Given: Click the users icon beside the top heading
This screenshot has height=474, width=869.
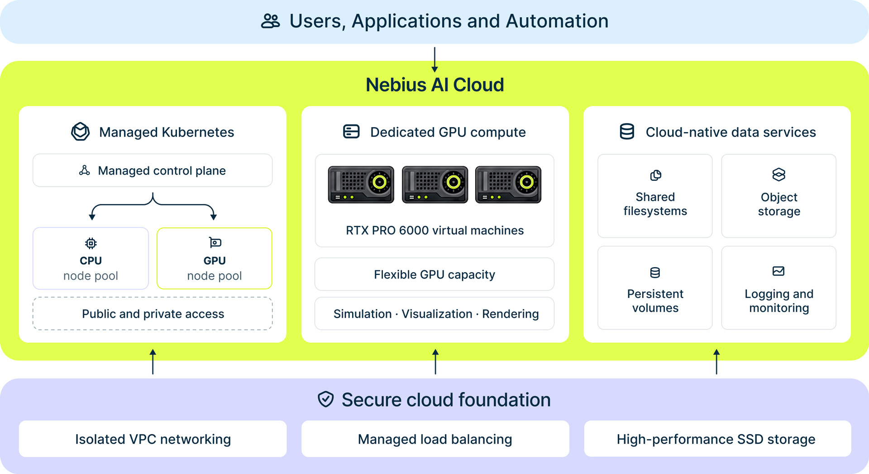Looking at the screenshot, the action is point(271,21).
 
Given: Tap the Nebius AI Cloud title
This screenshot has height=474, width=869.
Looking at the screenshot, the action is point(434,85).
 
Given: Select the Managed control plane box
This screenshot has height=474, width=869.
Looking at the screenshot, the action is point(153,171).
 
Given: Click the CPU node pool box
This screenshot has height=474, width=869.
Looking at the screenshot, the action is point(91,258).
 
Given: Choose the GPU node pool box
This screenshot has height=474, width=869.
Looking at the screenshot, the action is point(215,258).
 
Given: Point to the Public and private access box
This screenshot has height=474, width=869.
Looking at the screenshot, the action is point(153,313).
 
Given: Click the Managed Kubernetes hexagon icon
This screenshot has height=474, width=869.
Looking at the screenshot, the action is point(81,132).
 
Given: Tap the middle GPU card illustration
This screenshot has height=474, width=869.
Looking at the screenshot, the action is point(435,185).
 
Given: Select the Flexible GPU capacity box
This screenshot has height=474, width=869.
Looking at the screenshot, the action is point(434,274).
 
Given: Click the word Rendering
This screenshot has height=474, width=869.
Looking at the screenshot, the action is point(511,314).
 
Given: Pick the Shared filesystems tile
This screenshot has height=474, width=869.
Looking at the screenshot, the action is point(655,196).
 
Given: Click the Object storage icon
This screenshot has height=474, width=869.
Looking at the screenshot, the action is point(779,175).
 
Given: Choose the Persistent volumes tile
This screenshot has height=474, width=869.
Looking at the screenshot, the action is point(655,288).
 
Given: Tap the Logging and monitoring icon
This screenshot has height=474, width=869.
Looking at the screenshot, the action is point(778,271).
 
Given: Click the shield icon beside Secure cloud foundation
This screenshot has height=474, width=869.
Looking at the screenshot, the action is point(326,399).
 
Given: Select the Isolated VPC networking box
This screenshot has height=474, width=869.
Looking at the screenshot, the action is point(153,439).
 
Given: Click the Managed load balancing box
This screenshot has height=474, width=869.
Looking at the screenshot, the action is point(435,439).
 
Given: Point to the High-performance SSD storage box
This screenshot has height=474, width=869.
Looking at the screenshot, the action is point(717,439).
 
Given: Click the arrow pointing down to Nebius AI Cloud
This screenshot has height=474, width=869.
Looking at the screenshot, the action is point(434,60).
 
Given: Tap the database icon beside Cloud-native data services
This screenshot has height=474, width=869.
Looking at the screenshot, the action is point(627,132).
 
